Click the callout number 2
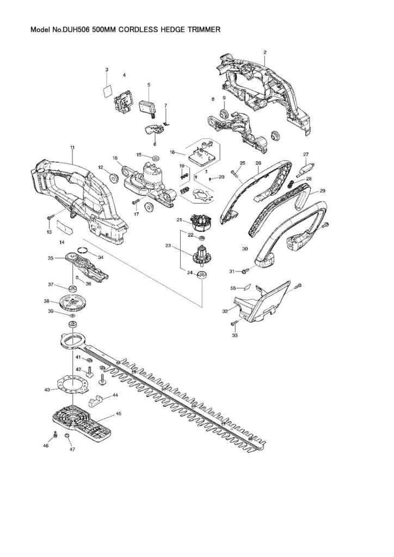tap(264, 52)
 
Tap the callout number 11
tap(72, 147)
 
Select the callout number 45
tap(119, 414)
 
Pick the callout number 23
tap(168, 246)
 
